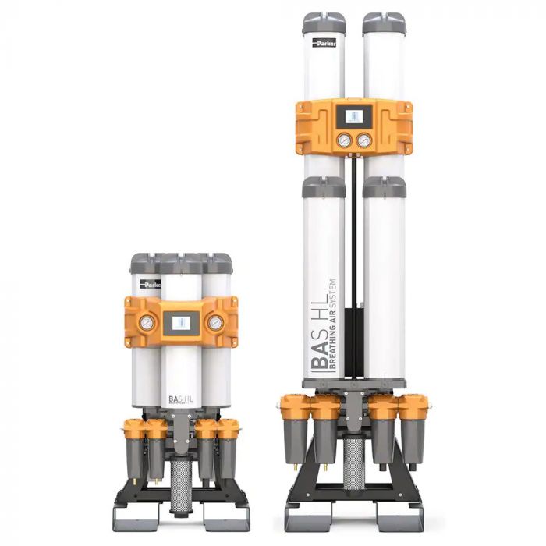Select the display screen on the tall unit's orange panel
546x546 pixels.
click(x=353, y=117)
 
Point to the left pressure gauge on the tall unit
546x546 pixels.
click(x=343, y=140)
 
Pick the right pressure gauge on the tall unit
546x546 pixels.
click(x=364, y=140)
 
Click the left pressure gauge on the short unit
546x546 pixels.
click(x=144, y=322)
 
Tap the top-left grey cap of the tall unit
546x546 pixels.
click(x=324, y=23)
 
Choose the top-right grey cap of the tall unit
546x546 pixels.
click(x=384, y=23)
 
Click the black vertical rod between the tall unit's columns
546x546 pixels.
click(x=354, y=234)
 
